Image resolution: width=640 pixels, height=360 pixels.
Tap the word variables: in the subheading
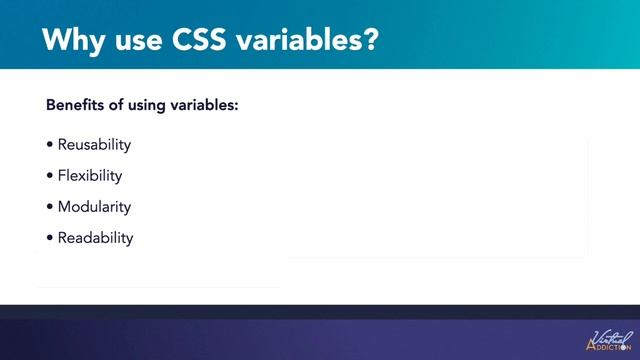(x=204, y=104)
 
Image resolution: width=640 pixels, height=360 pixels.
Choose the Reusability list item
(x=94, y=144)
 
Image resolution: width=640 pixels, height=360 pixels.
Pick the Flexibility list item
(x=90, y=176)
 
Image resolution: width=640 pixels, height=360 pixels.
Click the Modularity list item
(x=94, y=207)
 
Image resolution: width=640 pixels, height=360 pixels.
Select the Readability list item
(x=95, y=238)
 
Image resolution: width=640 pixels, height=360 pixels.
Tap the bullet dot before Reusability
(x=50, y=145)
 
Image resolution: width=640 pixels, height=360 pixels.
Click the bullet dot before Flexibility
(x=50, y=176)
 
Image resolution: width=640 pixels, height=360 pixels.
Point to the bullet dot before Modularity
(x=50, y=207)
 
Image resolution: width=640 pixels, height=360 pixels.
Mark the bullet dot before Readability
(x=50, y=238)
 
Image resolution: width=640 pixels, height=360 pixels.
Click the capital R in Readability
(x=63, y=238)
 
